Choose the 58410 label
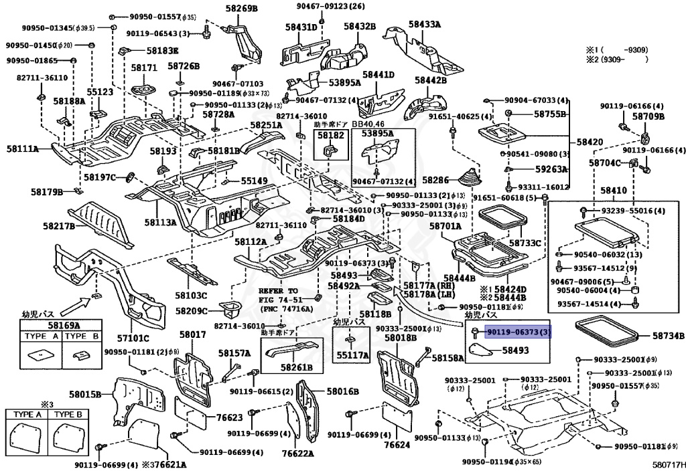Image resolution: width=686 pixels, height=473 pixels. [614, 191]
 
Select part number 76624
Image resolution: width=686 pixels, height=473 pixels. [396, 445]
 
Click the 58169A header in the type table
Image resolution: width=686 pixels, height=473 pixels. [61, 325]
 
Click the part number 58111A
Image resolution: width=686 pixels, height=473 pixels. [22, 149]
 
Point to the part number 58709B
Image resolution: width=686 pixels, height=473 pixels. [650, 116]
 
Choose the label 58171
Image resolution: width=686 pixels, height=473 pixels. [143, 68]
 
